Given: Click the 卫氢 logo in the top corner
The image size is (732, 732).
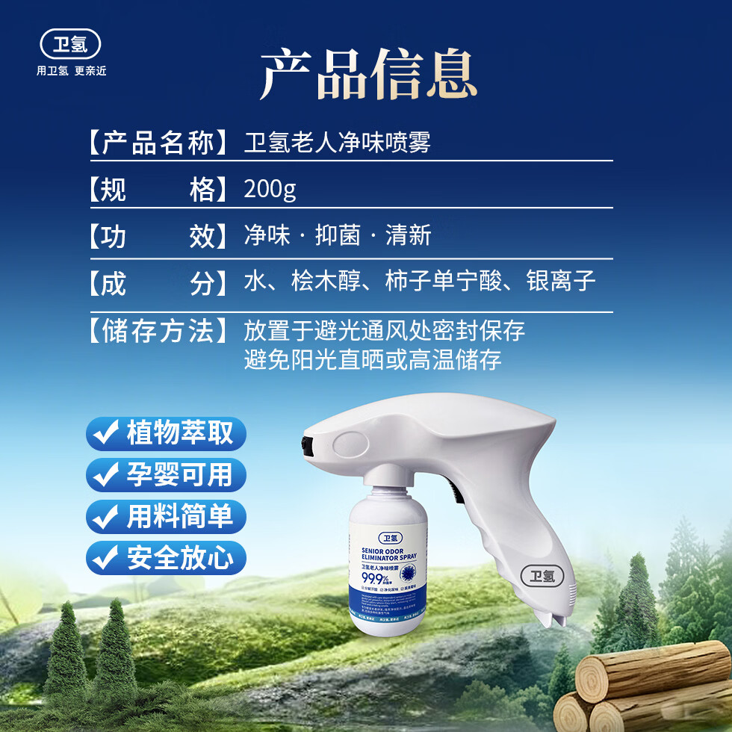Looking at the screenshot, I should [x=70, y=44].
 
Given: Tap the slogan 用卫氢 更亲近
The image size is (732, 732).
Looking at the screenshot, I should [x=72, y=72].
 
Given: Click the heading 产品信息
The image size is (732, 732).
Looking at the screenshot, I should [x=368, y=75].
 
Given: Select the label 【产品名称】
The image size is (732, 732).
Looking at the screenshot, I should [x=158, y=142].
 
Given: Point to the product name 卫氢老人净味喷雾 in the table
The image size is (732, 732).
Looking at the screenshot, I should [x=338, y=142].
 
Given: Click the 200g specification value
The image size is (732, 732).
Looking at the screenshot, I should [x=270, y=190].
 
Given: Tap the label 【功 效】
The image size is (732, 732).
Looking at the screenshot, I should [x=158, y=237].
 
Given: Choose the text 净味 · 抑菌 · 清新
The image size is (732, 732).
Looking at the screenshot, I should [x=338, y=237].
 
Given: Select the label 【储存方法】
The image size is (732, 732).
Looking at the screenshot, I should [x=158, y=330].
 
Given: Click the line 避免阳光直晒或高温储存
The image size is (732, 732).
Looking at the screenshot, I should [x=372, y=361].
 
